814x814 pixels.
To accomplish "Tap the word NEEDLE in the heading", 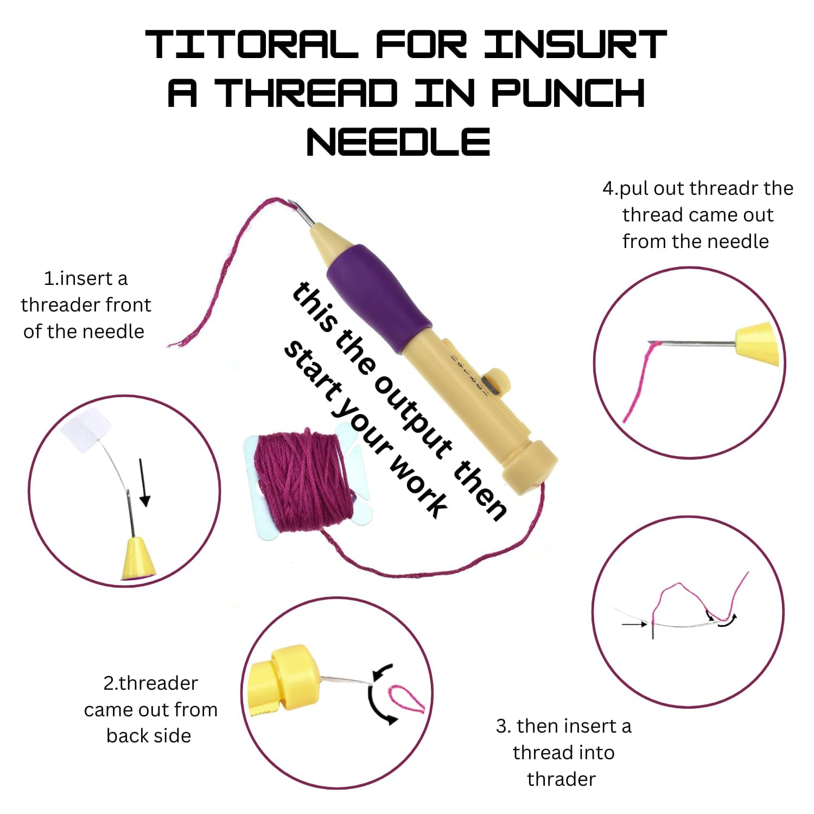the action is tap(399, 142).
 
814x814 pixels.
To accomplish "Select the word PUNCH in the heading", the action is tap(568, 93).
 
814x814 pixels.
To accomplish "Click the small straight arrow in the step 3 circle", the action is tap(634, 625).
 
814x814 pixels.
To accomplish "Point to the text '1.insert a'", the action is tap(86, 278).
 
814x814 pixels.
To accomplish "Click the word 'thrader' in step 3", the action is tap(561, 779).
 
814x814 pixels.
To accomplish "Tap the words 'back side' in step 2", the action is tap(149, 736).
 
